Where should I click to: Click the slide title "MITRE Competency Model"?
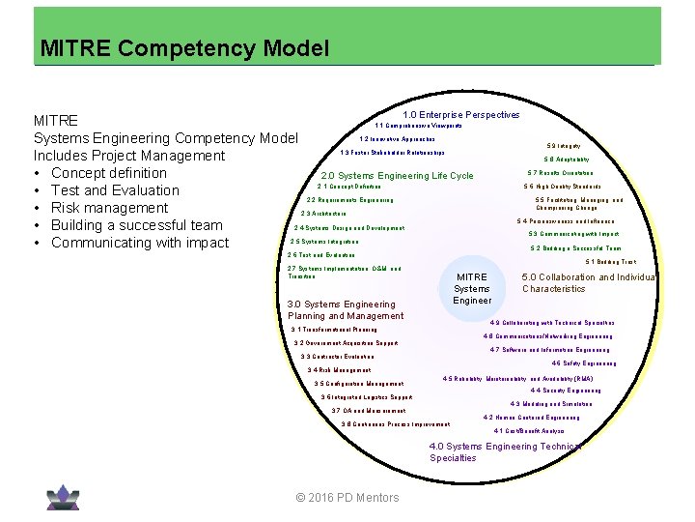click(x=184, y=47)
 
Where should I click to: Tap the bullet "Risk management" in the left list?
click(x=109, y=208)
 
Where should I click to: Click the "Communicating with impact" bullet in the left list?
click(x=140, y=243)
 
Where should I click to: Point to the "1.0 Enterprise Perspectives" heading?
click(x=460, y=115)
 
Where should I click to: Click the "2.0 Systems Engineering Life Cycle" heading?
click(x=397, y=176)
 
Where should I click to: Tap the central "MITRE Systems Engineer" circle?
click(x=472, y=288)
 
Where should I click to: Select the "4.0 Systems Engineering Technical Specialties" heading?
click(x=505, y=451)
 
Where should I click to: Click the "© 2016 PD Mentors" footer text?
click(x=347, y=498)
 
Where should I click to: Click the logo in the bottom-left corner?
click(x=63, y=495)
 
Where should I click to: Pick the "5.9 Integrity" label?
click(x=563, y=146)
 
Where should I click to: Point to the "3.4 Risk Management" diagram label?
click(x=338, y=370)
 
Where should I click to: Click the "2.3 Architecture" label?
click(x=323, y=214)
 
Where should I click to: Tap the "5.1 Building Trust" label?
click(x=610, y=262)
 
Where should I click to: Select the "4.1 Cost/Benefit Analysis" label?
click(x=528, y=431)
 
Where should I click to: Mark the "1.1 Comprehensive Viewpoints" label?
click(x=418, y=126)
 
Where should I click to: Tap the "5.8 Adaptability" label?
click(x=566, y=159)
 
